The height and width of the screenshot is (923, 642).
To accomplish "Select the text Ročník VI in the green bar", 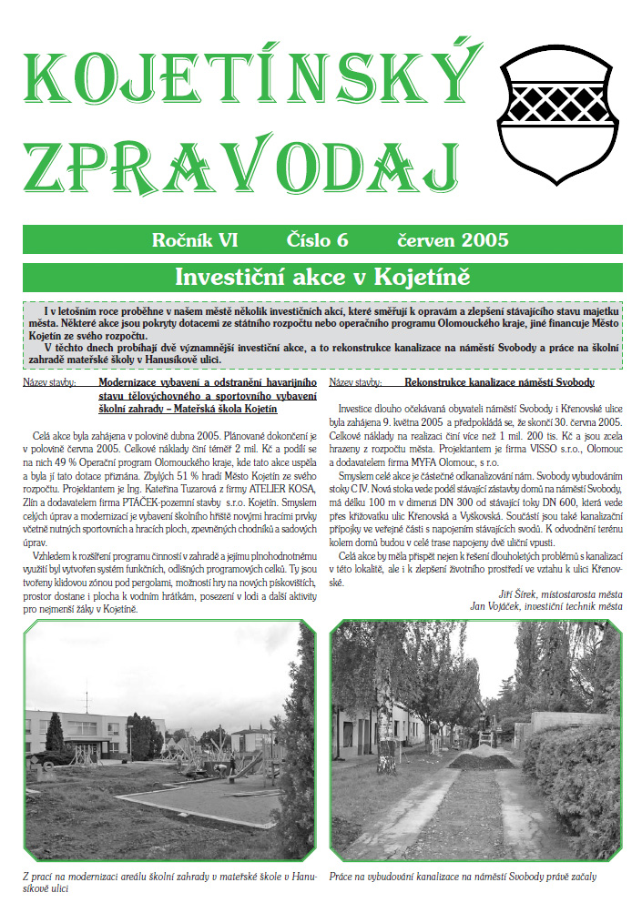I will point(195,240).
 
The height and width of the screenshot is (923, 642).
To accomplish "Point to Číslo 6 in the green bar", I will point(318,240).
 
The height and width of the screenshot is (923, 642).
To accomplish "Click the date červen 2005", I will point(453,240).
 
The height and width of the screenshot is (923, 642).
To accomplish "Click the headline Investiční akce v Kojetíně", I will point(321,276).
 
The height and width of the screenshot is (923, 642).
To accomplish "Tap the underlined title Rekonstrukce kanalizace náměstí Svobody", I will point(499,383).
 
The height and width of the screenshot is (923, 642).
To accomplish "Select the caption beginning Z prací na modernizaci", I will point(168,882).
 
